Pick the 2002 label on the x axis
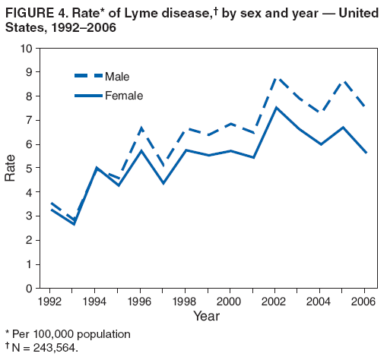coord(275,301)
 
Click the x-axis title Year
coord(206,315)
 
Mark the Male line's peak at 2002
coord(276,77)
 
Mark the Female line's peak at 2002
coord(276,107)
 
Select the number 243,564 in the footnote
coord(56,348)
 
